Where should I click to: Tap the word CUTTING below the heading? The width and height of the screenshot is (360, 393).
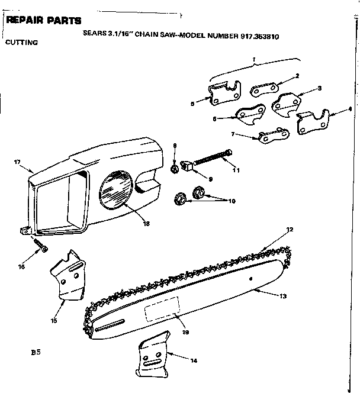coord(22,43)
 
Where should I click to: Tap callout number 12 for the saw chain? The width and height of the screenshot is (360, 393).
coord(290,229)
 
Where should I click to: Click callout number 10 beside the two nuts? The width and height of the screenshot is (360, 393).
coord(232,201)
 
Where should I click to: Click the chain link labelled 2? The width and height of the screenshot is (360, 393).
coord(260,89)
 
